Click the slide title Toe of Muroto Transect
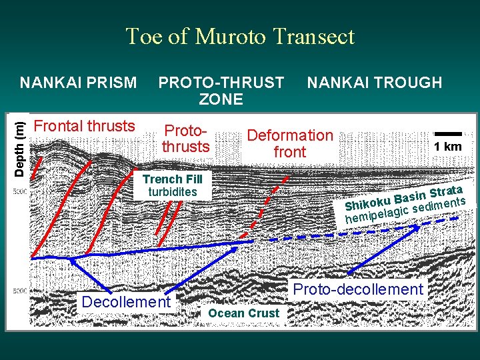pyautogui.click(x=240, y=36)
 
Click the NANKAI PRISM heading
pyautogui.click(x=79, y=83)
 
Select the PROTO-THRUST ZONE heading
pyautogui.click(x=221, y=91)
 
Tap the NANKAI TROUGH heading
pyautogui.click(x=374, y=83)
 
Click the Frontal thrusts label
pyautogui.click(x=84, y=126)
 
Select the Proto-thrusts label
pyautogui.click(x=186, y=137)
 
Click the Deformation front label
pyautogui.click(x=289, y=143)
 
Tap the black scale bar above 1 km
pyautogui.click(x=447, y=134)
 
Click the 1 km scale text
pyautogui.click(x=447, y=147)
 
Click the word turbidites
pyautogui.click(x=172, y=192)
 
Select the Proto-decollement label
pyautogui.click(x=358, y=289)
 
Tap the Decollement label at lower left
pyautogui.click(x=125, y=302)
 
